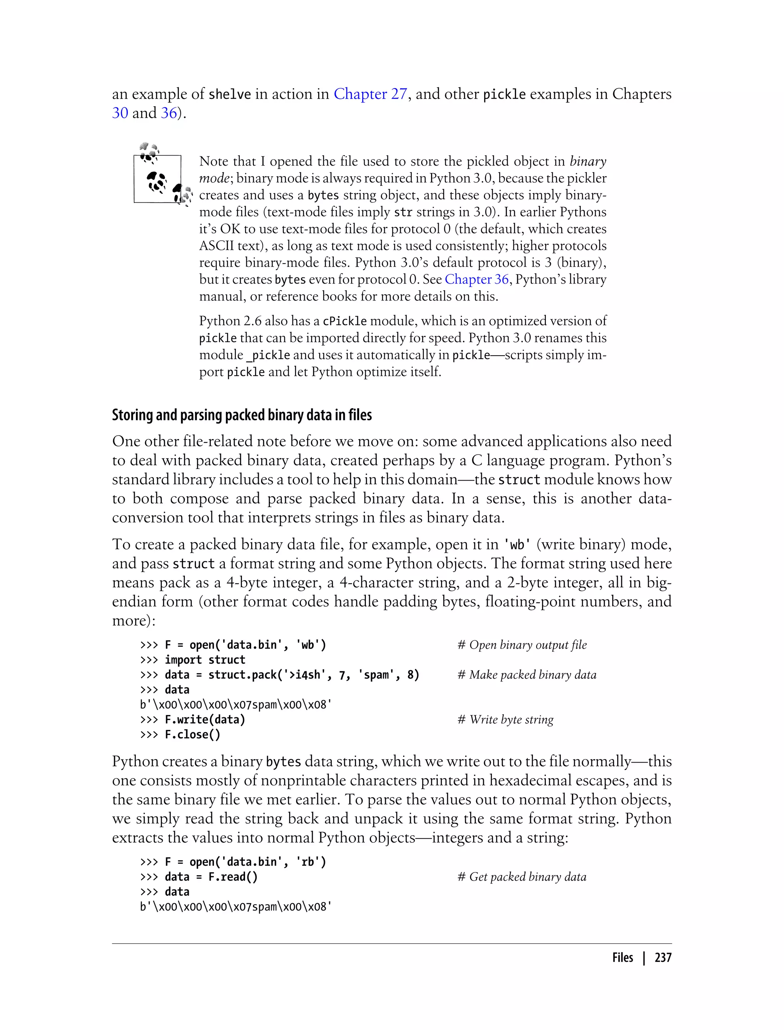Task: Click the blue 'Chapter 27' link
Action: tap(370, 94)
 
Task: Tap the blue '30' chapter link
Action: tap(120, 113)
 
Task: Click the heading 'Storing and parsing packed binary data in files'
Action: tap(242, 415)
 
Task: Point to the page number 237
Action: tap(663, 958)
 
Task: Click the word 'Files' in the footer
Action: tap(622, 958)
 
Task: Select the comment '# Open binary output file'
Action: tap(522, 645)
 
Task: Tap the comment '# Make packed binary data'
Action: tap(526, 675)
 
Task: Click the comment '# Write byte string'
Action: tap(505, 720)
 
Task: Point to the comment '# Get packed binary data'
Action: tap(521, 877)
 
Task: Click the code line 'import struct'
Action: tap(205, 660)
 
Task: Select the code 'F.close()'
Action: tap(192, 735)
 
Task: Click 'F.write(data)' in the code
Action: tap(205, 720)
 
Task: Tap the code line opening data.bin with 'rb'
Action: tap(245, 862)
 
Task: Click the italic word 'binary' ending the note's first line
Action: tap(588, 162)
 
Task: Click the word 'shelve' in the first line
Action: tap(230, 94)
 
